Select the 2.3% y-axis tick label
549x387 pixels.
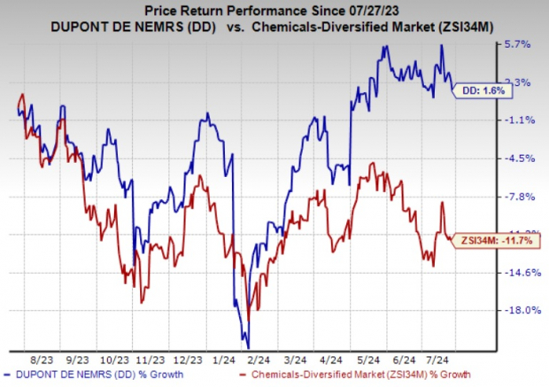tap(520, 82)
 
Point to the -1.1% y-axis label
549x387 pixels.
tap(520, 120)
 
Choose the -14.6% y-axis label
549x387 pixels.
tap(520, 273)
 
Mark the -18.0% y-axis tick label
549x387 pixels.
tap(520, 311)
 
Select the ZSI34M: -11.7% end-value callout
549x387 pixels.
tap(499, 240)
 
